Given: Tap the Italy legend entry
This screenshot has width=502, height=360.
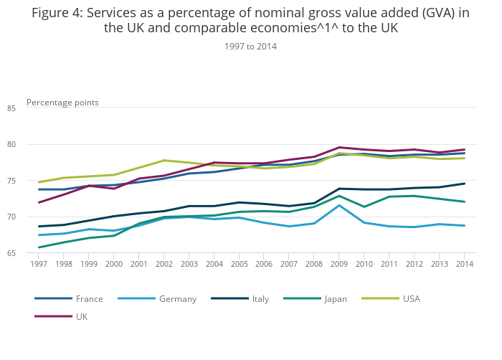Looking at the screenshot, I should (260, 298).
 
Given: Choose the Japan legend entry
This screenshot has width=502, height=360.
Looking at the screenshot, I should (335, 298).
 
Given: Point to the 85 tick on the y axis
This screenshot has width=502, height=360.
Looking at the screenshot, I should (31, 108).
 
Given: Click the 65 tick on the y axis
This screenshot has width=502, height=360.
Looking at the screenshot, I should (31, 253).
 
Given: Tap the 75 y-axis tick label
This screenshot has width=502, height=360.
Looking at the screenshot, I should (31, 181).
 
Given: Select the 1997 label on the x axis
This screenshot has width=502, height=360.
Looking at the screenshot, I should (38, 265).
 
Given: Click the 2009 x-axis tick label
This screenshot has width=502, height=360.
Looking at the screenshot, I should (339, 265).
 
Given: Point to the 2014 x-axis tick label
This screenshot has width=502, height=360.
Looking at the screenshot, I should (464, 265).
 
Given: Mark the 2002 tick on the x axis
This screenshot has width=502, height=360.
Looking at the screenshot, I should (164, 265).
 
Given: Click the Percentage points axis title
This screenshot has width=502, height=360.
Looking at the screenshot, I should (62, 103).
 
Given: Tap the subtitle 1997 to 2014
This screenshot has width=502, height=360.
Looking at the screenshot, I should (250, 46).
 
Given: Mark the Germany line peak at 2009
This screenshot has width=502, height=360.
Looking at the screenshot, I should (339, 205).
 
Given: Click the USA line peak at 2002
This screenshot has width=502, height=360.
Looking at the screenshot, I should (164, 161).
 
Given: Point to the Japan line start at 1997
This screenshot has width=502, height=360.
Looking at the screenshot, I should (38, 247).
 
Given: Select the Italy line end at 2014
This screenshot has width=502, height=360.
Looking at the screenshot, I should (464, 184).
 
